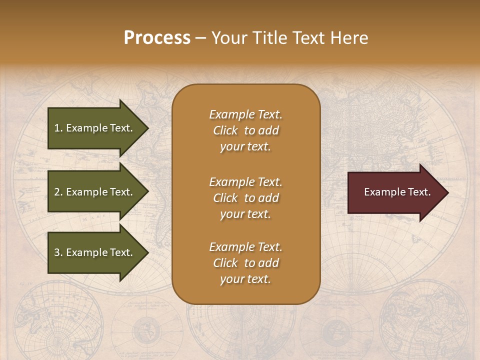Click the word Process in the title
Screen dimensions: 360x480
[x=157, y=38]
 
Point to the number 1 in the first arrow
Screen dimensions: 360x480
[x=57, y=128]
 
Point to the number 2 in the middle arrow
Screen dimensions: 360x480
[x=57, y=192]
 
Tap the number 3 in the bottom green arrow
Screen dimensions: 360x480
[x=57, y=252]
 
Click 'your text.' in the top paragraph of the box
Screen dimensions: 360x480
[x=245, y=147]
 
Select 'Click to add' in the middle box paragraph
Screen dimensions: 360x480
[x=245, y=198]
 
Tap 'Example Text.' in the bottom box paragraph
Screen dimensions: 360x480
[x=245, y=247]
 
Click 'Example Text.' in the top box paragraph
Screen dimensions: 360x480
[x=245, y=114]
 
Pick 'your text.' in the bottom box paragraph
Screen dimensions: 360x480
[x=245, y=279]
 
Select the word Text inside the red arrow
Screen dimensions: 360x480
[x=419, y=192]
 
